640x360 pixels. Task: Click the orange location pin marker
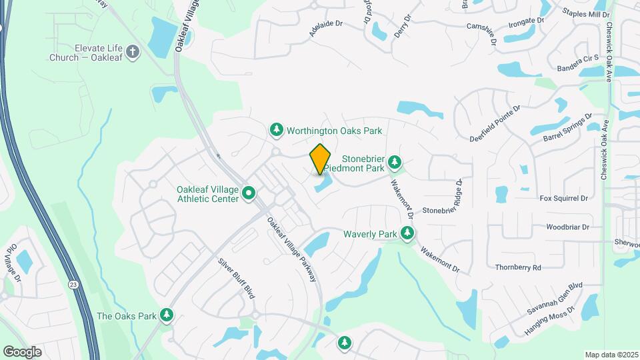pyautogui.click(x=321, y=159)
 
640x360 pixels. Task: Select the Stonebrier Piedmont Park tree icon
pyautogui.click(x=395, y=161)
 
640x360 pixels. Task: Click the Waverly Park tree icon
pyautogui.click(x=407, y=233)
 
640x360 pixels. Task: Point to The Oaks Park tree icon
pyautogui.click(x=166, y=315)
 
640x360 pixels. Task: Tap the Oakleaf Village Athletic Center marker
pyautogui.click(x=249, y=194)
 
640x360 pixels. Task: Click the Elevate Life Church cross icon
pyautogui.click(x=132, y=53)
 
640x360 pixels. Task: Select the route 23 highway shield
pyautogui.click(x=71, y=284)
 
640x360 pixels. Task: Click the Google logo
pyautogui.click(x=22, y=351)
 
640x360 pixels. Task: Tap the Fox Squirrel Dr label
pyautogui.click(x=564, y=198)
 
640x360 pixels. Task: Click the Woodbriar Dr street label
pyautogui.click(x=568, y=227)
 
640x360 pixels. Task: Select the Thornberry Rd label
pyautogui.click(x=518, y=267)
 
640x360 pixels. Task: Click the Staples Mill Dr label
pyautogui.click(x=586, y=14)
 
